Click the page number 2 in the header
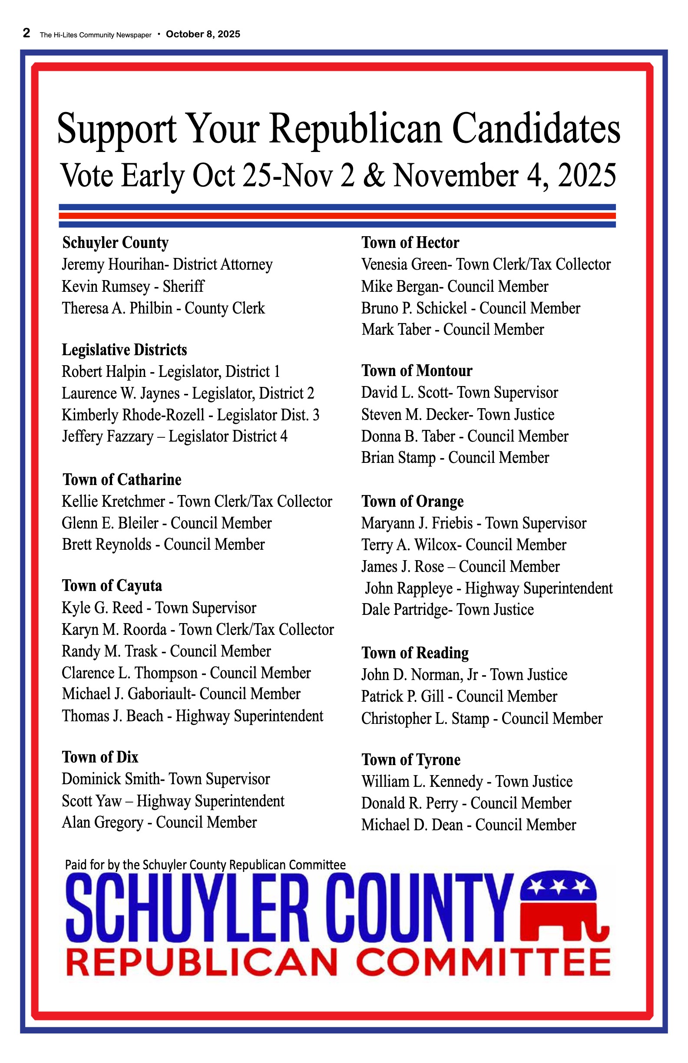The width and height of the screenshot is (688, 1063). [x=27, y=33]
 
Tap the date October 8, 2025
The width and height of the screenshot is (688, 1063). [x=203, y=34]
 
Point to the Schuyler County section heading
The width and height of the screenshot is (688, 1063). [x=115, y=243]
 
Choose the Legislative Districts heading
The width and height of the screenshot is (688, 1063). [x=124, y=350]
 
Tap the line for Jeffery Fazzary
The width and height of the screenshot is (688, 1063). [x=174, y=436]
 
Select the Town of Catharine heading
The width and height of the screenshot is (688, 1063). [x=122, y=480]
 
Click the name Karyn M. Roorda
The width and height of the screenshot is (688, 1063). [x=114, y=629]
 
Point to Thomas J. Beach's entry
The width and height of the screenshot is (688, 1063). [x=192, y=716]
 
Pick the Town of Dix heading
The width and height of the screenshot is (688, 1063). [x=100, y=757]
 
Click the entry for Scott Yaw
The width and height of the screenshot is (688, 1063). [x=173, y=801]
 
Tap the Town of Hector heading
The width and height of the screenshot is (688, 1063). [x=410, y=243]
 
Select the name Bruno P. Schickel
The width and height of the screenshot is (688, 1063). [x=414, y=308]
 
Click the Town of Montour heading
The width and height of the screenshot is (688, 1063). [x=417, y=371]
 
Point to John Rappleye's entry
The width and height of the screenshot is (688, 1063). [x=489, y=588]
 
